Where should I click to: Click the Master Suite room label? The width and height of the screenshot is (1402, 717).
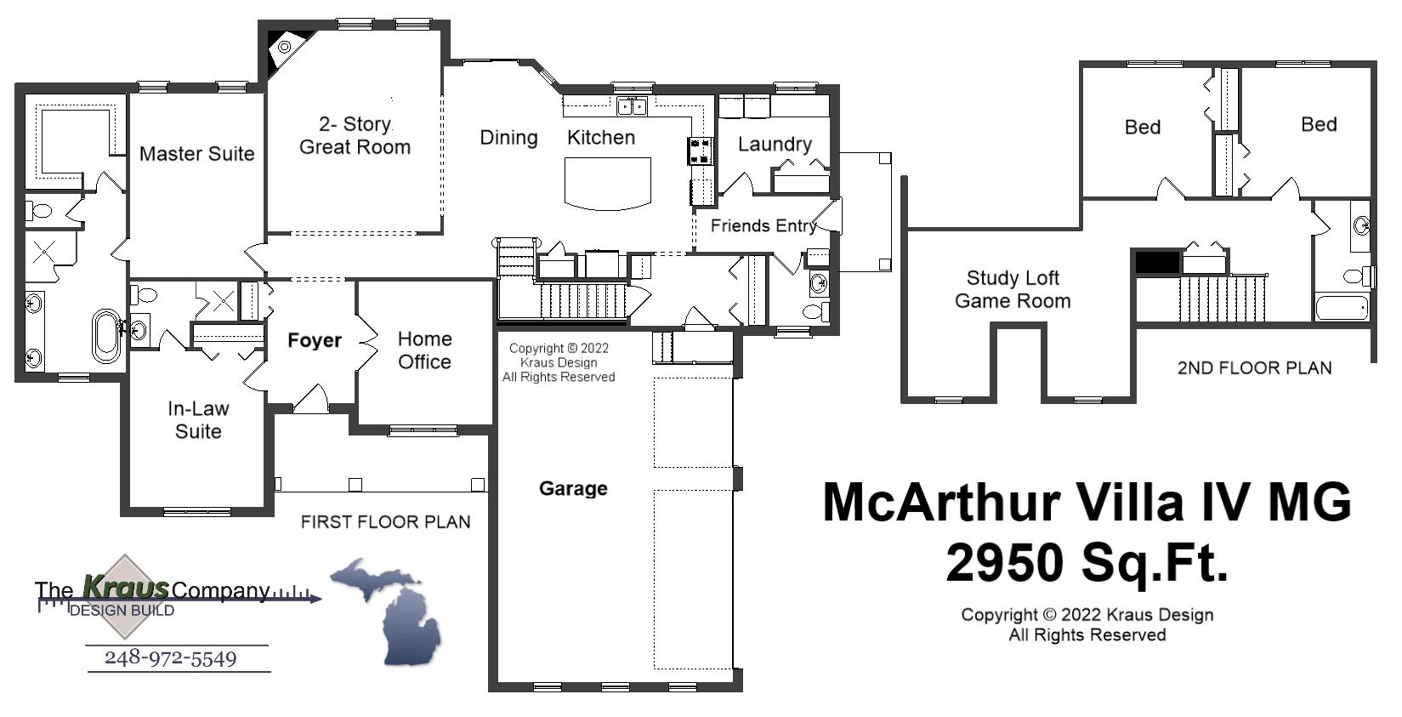coord(196,154)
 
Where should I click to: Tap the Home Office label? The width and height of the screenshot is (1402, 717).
coord(424,350)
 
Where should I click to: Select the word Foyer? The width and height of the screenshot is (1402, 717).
coord(314,340)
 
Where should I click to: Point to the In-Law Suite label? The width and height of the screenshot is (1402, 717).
coord(198,420)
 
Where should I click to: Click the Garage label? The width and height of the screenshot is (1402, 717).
coord(573,488)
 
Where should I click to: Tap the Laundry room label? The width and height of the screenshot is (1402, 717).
coord(774,145)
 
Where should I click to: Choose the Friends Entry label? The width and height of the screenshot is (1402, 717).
coord(763,225)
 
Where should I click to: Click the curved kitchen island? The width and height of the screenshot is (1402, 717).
coord(608,182)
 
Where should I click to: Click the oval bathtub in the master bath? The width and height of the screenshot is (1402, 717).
coord(106,336)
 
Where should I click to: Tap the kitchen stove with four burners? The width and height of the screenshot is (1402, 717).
coord(700,151)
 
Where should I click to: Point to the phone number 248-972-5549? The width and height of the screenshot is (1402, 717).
coord(171,658)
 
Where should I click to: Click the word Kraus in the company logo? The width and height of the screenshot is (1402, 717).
coord(126,587)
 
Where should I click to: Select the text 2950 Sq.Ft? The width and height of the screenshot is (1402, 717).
coord(1087,563)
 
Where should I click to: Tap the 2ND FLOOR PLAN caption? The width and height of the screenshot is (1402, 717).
coord(1254,368)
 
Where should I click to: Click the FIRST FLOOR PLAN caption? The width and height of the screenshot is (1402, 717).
coord(385,522)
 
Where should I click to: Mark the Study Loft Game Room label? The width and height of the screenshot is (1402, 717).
coord(1012,289)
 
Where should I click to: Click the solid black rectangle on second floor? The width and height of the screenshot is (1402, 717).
coord(1158,263)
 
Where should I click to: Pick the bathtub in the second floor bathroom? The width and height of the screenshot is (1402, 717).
coord(1341,306)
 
